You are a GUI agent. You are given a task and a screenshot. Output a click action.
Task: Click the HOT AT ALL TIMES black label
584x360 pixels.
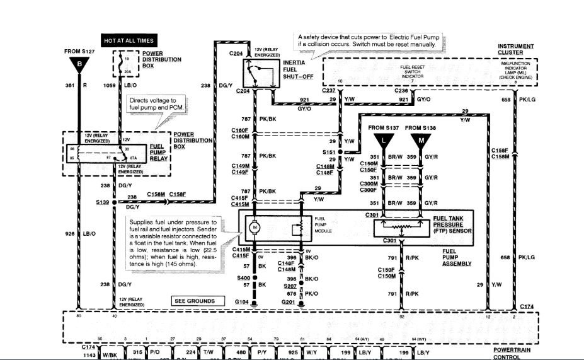pyautogui.click(x=129, y=40)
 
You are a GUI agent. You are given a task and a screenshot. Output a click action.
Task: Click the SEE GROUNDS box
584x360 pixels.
pyautogui.click(x=197, y=301)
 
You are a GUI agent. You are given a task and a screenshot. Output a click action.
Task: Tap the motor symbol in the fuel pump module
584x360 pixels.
pyautogui.click(x=256, y=226)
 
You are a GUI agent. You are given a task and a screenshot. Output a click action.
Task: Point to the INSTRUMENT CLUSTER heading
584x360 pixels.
pyautogui.click(x=516, y=49)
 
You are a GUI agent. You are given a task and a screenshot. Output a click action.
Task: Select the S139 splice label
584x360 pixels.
pyautogui.click(x=102, y=202)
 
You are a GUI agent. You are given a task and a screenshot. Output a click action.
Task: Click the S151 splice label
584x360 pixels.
pyautogui.click(x=328, y=153)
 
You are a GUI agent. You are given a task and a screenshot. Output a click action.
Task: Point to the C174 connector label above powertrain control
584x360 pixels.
pyautogui.click(x=527, y=306)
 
